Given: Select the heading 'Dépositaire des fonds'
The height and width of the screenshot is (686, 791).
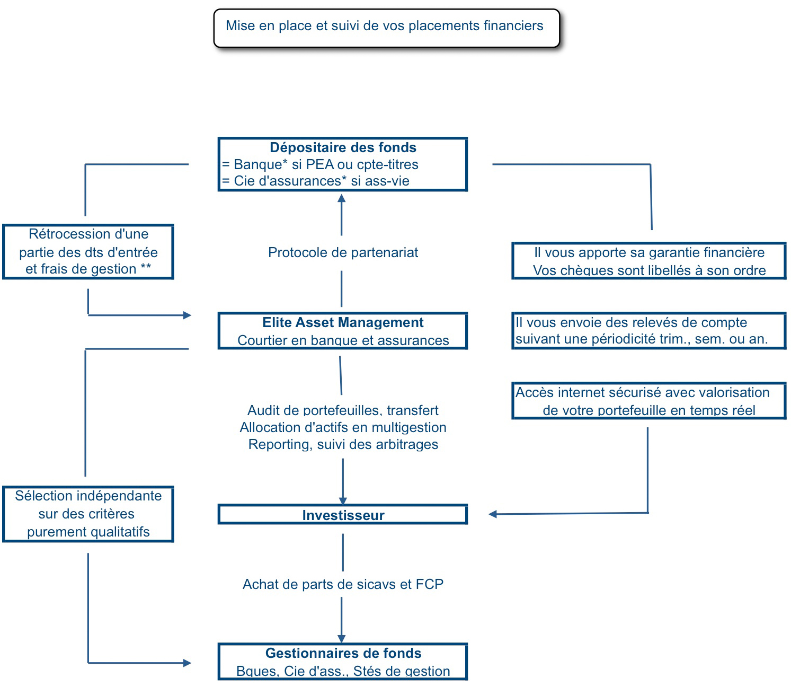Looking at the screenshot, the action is [343, 147].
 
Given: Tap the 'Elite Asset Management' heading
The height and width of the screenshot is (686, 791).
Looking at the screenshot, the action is [343, 322].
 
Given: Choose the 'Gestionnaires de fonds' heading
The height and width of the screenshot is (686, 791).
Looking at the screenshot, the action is [343, 653].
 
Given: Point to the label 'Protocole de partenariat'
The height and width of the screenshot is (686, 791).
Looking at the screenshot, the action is [343, 252].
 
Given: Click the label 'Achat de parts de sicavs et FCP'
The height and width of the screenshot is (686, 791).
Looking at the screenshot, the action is [343, 584].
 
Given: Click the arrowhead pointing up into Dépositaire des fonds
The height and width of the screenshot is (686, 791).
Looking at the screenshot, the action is [341, 198].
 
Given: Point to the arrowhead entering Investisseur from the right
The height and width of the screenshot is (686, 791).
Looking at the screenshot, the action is [493, 514].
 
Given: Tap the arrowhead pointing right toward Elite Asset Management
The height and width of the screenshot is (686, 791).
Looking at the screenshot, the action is [187, 315].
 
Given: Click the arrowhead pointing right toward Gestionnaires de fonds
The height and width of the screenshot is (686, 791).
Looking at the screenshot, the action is [187, 663].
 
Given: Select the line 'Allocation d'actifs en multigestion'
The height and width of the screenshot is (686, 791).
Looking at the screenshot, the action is [343, 427].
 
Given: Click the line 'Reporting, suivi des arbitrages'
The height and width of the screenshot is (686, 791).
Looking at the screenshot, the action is [343, 444].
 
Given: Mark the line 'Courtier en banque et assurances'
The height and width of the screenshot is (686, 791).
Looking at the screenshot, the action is [343, 340].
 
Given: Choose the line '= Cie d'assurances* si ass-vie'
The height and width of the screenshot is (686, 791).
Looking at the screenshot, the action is [316, 181].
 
